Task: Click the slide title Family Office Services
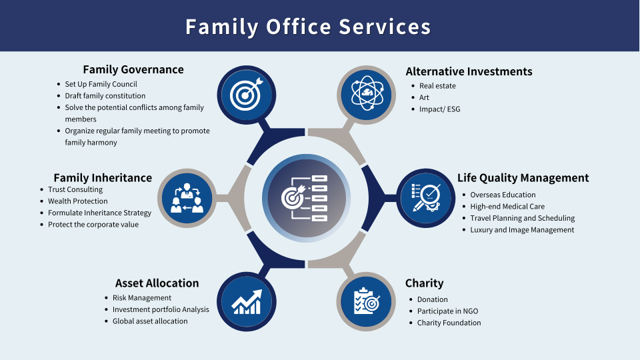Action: [308, 27]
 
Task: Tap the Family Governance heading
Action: [133, 69]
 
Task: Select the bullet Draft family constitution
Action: [105, 96]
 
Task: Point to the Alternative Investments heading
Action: [469, 71]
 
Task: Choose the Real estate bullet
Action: [437, 86]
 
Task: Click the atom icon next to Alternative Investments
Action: [366, 95]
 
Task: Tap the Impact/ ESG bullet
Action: [439, 109]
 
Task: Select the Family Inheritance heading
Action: [103, 178]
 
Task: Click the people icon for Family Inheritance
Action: [187, 198]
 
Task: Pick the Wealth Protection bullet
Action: [77, 201]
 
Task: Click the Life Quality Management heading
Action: [523, 178]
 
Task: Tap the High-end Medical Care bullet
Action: [507, 207]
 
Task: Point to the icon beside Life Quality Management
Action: [426, 198]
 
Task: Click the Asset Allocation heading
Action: [157, 283]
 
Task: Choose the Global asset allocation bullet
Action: [150, 321]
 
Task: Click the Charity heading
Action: [424, 283]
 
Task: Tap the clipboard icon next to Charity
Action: [366, 301]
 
